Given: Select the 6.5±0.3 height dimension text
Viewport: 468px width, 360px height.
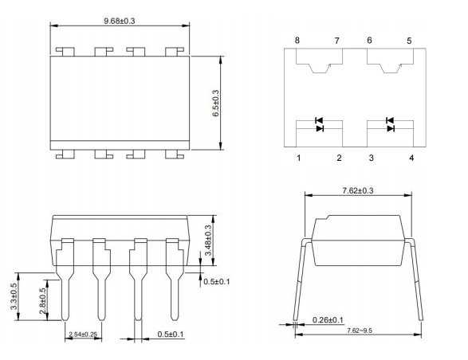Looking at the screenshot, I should click(214, 103).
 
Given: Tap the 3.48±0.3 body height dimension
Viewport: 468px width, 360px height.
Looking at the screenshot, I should click(210, 239).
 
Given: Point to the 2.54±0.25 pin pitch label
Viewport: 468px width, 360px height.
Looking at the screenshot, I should click(85, 334).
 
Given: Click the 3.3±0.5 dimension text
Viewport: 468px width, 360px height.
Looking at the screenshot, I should click(13, 296).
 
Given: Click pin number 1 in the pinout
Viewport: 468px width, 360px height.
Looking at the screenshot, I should click(299, 158).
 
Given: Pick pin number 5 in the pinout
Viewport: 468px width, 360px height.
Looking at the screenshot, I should click(411, 40).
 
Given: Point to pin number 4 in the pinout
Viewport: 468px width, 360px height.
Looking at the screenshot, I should click(411, 158).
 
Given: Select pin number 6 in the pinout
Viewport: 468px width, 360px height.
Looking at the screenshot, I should click(370, 40).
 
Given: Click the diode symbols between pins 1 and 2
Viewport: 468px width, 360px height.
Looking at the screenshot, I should click(319, 124).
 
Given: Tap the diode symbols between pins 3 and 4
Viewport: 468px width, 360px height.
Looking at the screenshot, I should click(389, 124).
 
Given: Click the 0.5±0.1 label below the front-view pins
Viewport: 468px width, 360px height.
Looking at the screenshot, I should click(170, 334).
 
